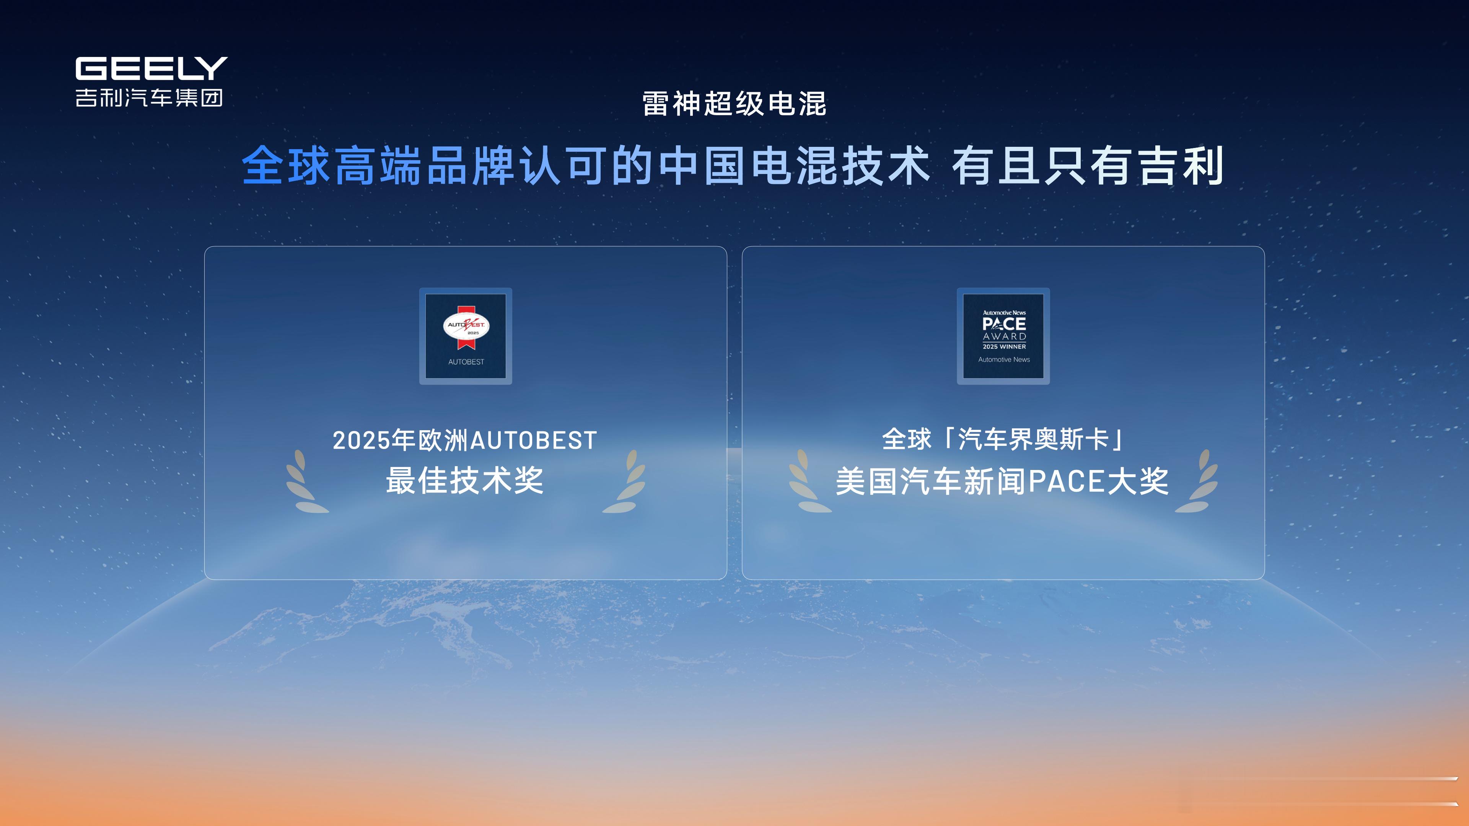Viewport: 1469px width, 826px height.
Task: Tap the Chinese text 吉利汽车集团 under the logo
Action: pyautogui.click(x=149, y=98)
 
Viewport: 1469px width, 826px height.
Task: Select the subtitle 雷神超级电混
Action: pyautogui.click(x=734, y=104)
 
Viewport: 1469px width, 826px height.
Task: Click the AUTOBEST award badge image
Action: pyautogui.click(x=466, y=336)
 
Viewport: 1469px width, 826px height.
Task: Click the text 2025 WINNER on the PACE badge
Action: pyautogui.click(x=1004, y=346)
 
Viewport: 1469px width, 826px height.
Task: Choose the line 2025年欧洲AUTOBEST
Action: pyautogui.click(x=465, y=440)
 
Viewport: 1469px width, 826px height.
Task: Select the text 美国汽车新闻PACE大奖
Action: pyautogui.click(x=1002, y=481)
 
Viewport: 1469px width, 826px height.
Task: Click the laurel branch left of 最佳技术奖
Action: pyautogui.click(x=306, y=482)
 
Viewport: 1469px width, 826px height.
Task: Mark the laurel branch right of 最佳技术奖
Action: pyautogui.click(x=624, y=482)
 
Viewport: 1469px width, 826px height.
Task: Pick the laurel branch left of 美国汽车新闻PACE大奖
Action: pyautogui.click(x=809, y=482)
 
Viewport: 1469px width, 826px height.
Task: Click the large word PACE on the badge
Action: pyautogui.click(x=1004, y=324)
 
